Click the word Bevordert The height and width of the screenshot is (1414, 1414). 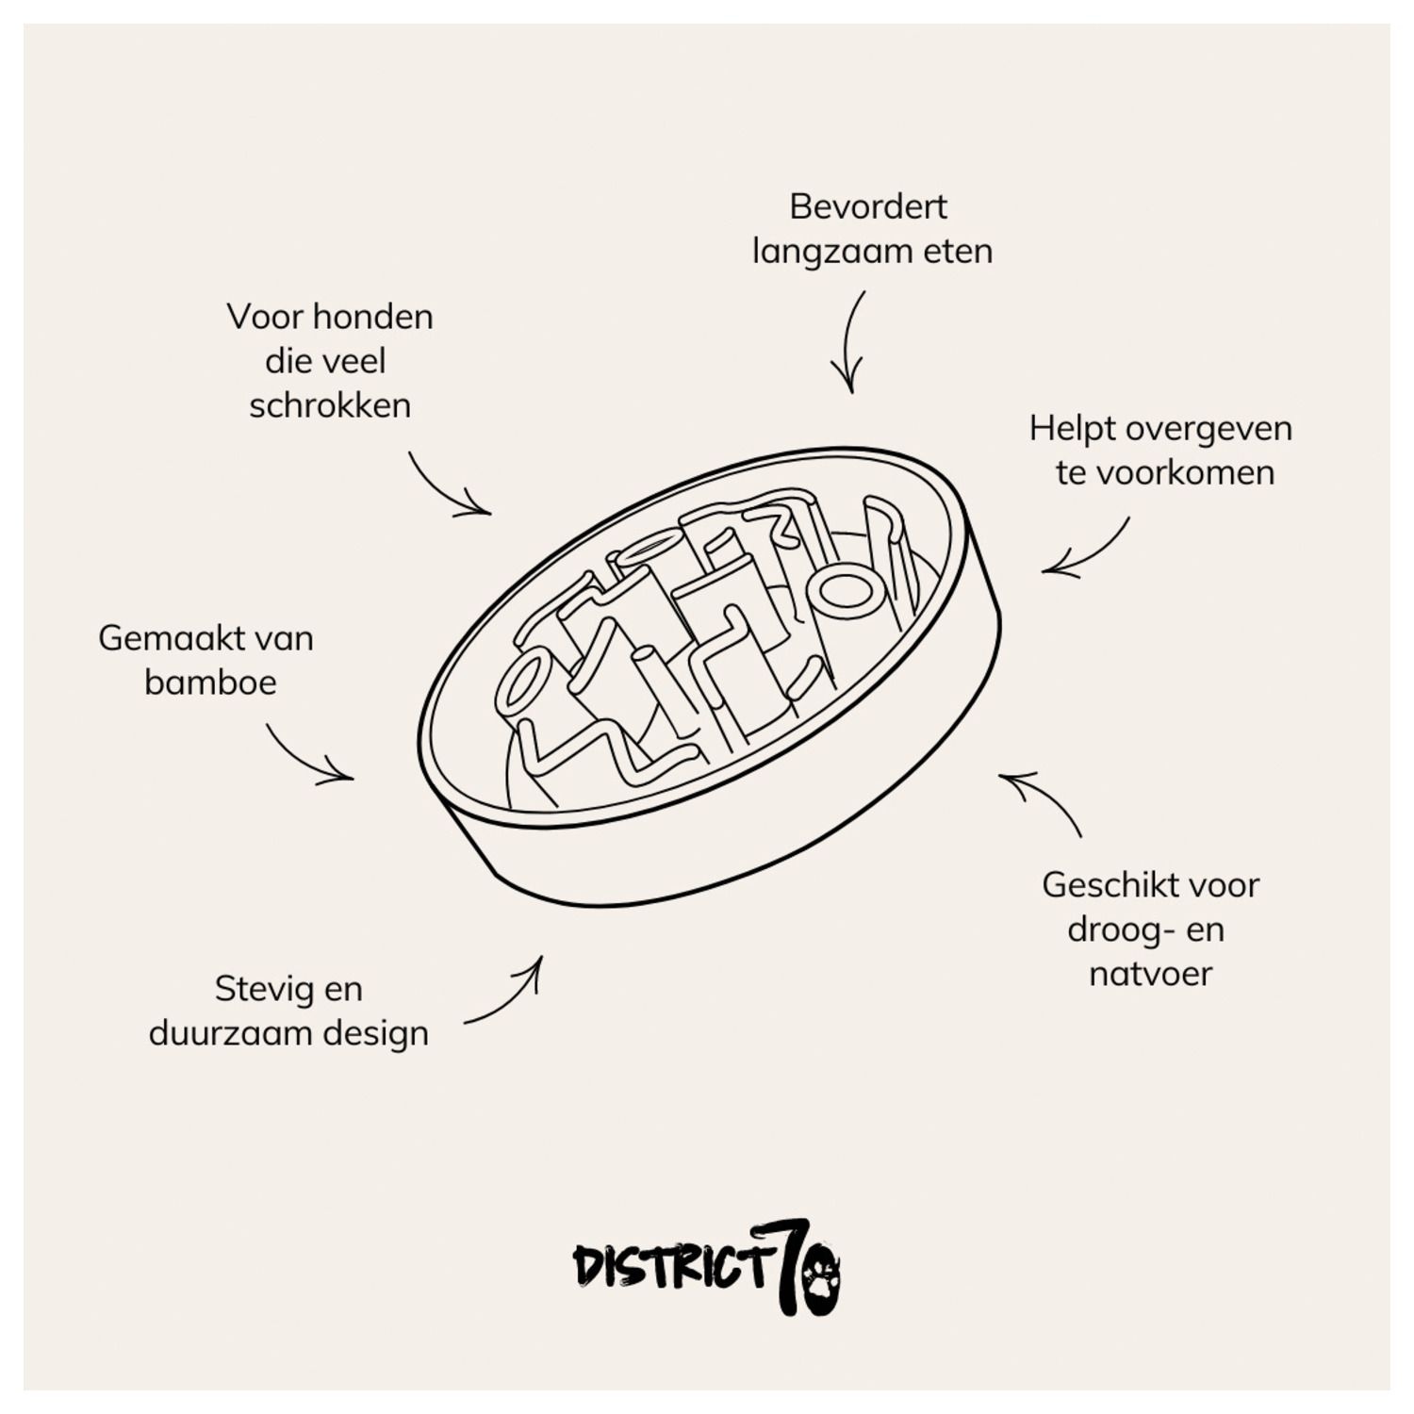coord(867,206)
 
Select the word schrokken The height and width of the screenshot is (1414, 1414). coord(330,405)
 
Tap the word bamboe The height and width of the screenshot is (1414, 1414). coord(210,682)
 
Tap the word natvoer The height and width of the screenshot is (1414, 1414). coord(1150,974)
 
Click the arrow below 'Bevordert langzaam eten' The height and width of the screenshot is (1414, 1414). coord(849,343)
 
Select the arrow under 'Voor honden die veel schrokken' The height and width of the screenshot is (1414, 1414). coord(447,486)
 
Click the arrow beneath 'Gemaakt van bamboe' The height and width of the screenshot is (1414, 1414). coord(306,755)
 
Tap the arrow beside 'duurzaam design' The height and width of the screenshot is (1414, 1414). coord(507,995)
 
